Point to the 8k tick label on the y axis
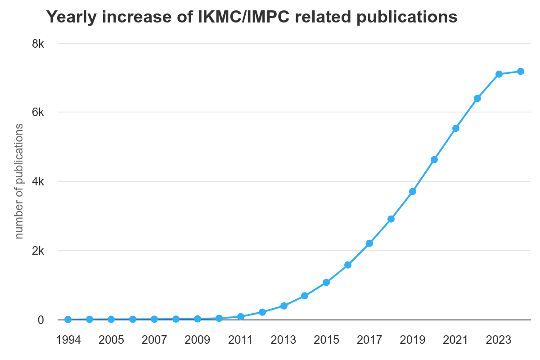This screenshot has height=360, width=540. pyautogui.click(x=37, y=44)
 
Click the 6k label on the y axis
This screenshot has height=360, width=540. pyautogui.click(x=37, y=112)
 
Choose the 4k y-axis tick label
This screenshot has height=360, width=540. pyautogui.click(x=37, y=181)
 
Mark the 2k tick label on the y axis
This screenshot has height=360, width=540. pyautogui.click(x=37, y=251)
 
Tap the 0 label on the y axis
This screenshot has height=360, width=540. pyautogui.click(x=41, y=320)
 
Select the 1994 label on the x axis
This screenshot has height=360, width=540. pyautogui.click(x=68, y=340)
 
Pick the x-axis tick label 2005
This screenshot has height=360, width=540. pyautogui.click(x=111, y=340)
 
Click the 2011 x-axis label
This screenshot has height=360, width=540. pyautogui.click(x=240, y=340)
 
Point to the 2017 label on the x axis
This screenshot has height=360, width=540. pyautogui.click(x=369, y=340)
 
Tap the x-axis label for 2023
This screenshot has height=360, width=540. pyautogui.click(x=499, y=340)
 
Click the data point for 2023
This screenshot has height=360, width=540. pyautogui.click(x=499, y=74)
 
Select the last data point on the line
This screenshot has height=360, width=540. pyautogui.click(x=520, y=71)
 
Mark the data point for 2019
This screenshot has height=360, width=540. pyautogui.click(x=413, y=192)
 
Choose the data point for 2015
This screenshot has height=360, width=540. pyautogui.click(x=326, y=283)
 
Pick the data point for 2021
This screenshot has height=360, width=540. pyautogui.click(x=456, y=128)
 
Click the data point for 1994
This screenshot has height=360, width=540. pyautogui.click(x=68, y=319)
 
